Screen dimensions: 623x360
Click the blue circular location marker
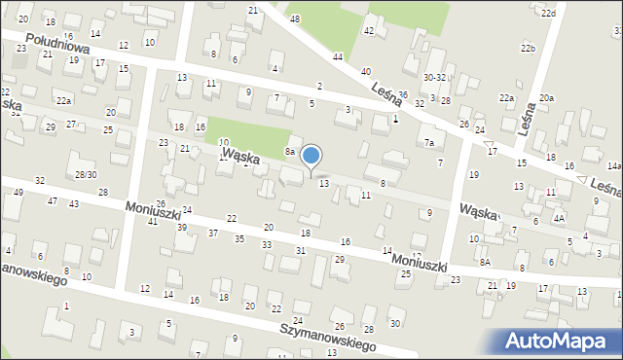(311, 156)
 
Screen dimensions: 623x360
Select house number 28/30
(86, 174)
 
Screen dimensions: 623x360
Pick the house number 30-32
(434, 77)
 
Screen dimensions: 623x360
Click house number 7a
(428, 143)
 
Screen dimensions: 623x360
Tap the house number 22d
(549, 13)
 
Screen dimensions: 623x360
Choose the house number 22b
(528, 48)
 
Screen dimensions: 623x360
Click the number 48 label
(295, 19)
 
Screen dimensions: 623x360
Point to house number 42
(369, 31)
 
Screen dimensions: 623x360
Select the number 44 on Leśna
(337, 57)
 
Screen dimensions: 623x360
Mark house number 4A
(559, 219)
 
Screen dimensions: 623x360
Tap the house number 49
(19, 192)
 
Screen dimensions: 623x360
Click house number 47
(53, 201)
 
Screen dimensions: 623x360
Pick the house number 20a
(547, 98)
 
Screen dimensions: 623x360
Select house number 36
(402, 94)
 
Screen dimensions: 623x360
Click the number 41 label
(153, 222)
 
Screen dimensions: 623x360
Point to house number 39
(182, 227)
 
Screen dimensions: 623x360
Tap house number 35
(239, 238)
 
